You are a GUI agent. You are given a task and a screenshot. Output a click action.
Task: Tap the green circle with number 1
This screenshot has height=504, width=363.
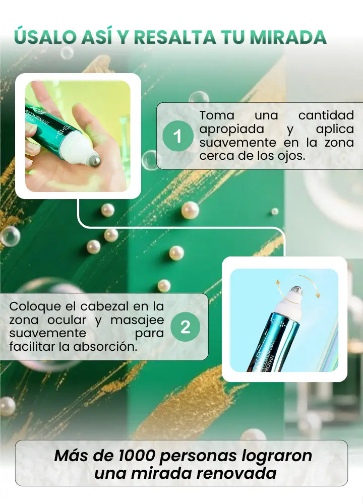tap(178, 136)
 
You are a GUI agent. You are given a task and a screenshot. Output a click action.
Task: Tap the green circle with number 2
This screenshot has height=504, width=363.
tap(186, 327)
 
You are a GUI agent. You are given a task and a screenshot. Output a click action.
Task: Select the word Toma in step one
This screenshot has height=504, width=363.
tap(217, 115)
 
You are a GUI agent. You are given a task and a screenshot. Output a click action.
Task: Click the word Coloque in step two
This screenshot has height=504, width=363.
tap(35, 306)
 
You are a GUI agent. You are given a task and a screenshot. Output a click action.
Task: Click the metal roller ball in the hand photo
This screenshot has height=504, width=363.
tap(94, 161)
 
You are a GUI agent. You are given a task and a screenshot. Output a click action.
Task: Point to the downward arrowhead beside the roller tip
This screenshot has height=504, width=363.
tap(318, 294)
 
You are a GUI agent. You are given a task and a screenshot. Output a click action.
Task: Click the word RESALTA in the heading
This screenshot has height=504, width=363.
tap(174, 37)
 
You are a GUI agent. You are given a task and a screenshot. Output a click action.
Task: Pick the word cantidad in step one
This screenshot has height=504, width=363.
tap(326, 115)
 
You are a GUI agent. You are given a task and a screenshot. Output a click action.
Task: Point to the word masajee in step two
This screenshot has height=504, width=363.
tap(137, 321)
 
